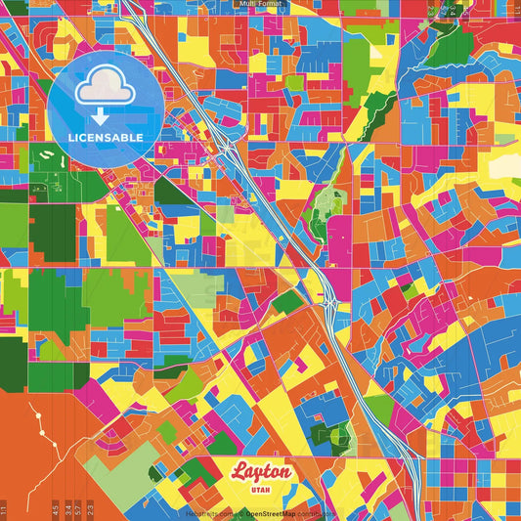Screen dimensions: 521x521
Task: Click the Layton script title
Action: point(260,472)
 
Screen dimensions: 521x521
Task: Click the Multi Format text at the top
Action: point(260,4)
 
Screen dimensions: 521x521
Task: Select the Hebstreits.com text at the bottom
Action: point(210,513)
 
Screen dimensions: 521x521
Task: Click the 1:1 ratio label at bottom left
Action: point(4,509)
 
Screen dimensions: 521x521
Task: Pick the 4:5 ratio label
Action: point(56,509)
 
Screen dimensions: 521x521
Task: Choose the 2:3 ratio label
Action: point(91,509)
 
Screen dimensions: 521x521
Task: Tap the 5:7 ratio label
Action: point(79,509)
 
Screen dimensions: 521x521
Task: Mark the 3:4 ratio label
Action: point(67,509)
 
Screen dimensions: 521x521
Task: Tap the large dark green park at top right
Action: point(450,44)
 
